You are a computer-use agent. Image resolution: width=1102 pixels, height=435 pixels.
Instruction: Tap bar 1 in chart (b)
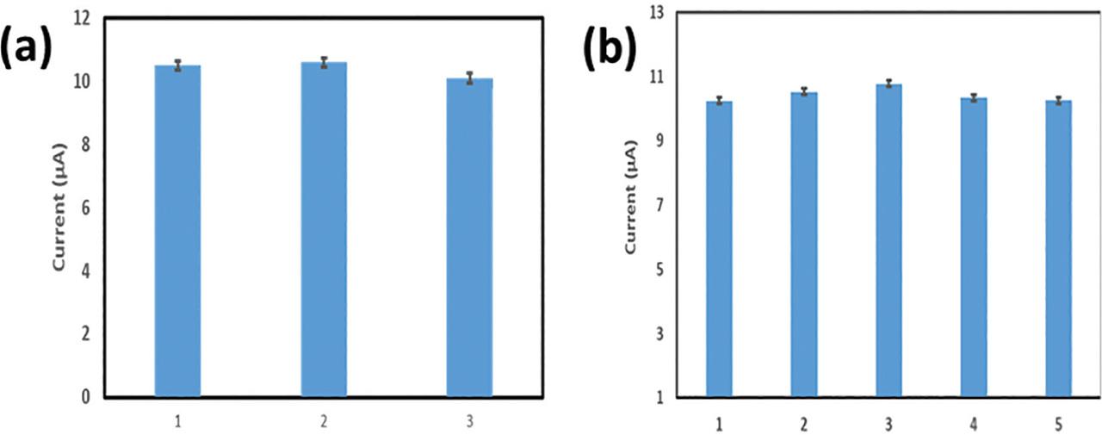[x=719, y=249]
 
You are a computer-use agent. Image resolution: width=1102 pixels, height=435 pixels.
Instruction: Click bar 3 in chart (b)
[x=888, y=240]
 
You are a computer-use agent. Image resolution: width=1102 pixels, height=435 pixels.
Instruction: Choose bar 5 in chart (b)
[x=1058, y=249]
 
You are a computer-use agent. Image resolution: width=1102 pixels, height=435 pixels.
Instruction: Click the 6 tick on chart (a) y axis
[x=88, y=208]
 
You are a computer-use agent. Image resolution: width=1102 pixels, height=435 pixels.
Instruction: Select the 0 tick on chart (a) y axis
[x=88, y=397]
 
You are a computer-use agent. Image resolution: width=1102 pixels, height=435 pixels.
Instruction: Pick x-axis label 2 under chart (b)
[x=803, y=425]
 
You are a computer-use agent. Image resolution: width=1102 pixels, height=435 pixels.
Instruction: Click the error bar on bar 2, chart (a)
[x=324, y=62]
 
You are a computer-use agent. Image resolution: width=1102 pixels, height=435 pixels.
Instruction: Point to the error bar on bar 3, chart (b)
[x=888, y=84]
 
